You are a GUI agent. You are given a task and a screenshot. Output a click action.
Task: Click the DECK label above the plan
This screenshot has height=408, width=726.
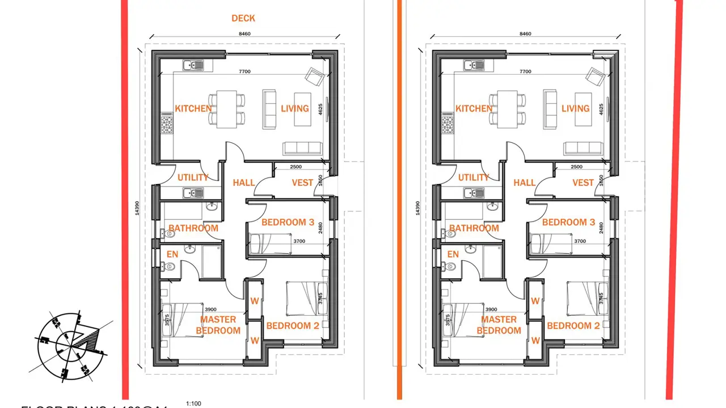[x=243, y=18]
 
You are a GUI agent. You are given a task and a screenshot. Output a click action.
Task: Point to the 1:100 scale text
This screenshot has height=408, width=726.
[x=193, y=403]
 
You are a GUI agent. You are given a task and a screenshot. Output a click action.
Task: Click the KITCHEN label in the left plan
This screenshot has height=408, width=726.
[x=193, y=108]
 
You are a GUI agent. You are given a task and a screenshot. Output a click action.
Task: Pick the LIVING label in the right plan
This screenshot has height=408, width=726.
[x=576, y=108]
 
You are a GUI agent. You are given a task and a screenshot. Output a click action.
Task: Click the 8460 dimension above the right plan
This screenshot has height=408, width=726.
[x=525, y=34]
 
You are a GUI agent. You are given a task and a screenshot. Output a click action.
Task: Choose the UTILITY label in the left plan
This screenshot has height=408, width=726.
[x=193, y=177]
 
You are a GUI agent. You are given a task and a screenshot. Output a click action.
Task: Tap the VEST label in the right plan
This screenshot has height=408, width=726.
[x=583, y=182]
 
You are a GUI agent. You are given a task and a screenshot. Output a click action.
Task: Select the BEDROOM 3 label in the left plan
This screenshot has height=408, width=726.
[x=288, y=222]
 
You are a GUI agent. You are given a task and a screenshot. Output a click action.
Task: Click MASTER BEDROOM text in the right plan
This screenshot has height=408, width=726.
[x=499, y=325]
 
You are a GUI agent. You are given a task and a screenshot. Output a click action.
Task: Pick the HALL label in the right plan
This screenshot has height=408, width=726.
[x=524, y=182]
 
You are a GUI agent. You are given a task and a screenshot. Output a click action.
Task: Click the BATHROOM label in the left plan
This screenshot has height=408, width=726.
[x=193, y=228]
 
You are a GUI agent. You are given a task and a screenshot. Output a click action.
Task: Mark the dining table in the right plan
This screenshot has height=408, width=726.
[x=508, y=108]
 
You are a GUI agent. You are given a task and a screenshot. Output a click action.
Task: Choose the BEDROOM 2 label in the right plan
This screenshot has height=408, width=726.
[x=573, y=326]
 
